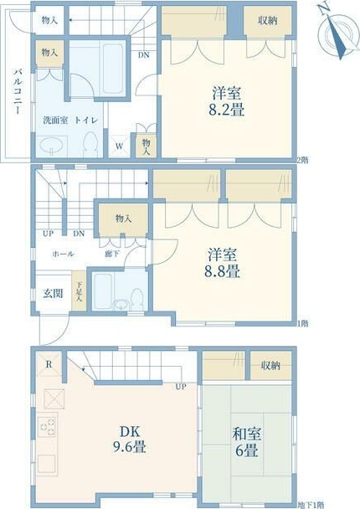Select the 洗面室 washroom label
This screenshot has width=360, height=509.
coord(56,120)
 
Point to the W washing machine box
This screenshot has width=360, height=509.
coord(121,146)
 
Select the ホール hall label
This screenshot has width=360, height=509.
coord(63,253)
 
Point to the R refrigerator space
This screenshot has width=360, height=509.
coord(49,364)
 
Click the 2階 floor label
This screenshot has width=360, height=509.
coord(302,160)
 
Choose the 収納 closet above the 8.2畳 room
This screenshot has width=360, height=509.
coord(268,21)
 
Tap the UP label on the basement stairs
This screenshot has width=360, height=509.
coord(180,387)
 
